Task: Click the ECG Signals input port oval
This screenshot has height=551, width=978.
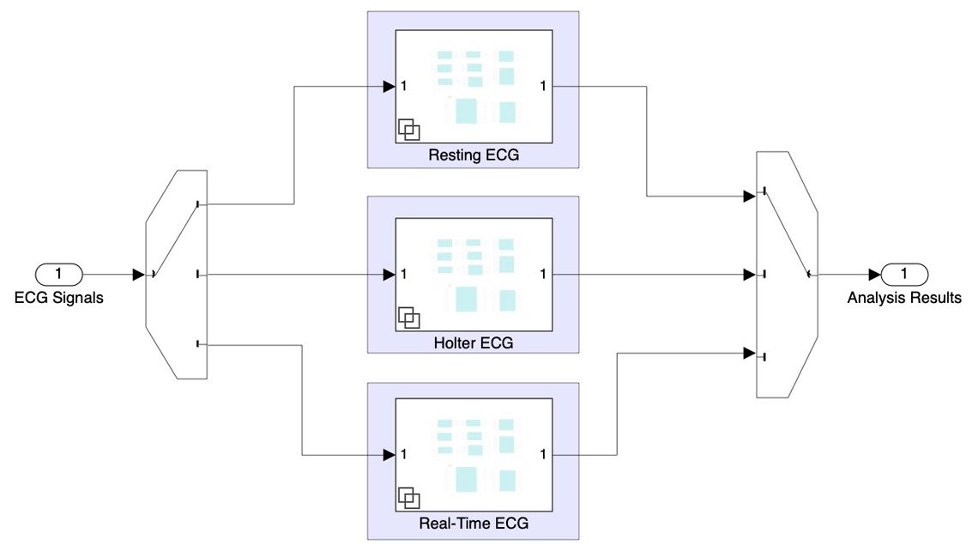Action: (x=58, y=275)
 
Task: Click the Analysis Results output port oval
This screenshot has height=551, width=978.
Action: (x=904, y=275)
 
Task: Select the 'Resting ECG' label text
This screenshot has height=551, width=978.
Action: (x=474, y=156)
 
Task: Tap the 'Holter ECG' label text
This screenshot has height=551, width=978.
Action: (x=474, y=342)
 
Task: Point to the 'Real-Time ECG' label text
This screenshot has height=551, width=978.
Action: (x=474, y=524)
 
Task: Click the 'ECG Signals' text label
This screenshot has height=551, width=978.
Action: (x=58, y=299)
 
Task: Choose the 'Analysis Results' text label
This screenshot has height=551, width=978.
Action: (x=904, y=299)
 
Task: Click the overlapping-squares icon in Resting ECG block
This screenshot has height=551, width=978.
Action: (x=409, y=130)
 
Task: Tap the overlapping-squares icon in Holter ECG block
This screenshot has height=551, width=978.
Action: (x=409, y=317)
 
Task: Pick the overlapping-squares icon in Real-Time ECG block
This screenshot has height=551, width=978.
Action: (x=409, y=498)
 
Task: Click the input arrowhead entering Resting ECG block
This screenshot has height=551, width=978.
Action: (x=389, y=86)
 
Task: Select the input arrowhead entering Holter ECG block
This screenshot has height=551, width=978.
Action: (x=389, y=275)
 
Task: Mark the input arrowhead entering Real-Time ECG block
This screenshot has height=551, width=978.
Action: (x=389, y=455)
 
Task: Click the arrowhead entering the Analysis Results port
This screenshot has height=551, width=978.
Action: (x=874, y=275)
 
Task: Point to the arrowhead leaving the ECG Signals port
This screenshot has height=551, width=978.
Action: (x=138, y=275)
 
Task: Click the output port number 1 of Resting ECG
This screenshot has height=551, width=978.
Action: (x=543, y=86)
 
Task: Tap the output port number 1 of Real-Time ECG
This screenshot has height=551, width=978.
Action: (x=543, y=455)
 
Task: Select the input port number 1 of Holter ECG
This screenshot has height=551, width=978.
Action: (x=403, y=275)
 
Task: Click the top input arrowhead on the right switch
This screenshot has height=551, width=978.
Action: (x=749, y=197)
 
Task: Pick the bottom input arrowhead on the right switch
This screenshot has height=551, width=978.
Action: (x=749, y=353)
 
